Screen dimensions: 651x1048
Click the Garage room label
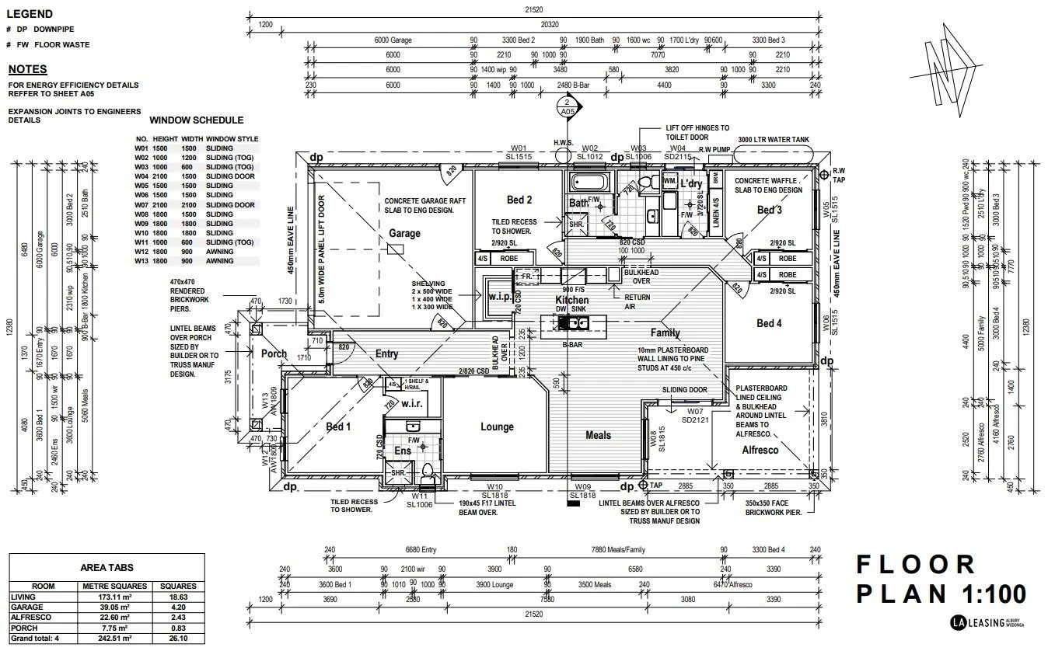click(x=404, y=233)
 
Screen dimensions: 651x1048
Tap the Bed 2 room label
click(x=519, y=200)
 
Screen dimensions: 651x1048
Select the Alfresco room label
click(x=760, y=450)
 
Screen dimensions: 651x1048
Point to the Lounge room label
click(x=497, y=426)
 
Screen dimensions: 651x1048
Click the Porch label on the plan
click(x=274, y=353)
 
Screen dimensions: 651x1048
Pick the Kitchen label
click(x=571, y=300)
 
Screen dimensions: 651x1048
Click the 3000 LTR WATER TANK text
click(x=774, y=140)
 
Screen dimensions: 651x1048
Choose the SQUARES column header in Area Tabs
click(x=178, y=586)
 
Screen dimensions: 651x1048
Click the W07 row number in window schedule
click(x=141, y=205)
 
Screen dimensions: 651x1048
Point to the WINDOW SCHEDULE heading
click(x=196, y=120)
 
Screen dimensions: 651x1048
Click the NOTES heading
click(x=27, y=69)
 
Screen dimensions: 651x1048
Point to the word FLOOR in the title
click(x=915, y=565)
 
